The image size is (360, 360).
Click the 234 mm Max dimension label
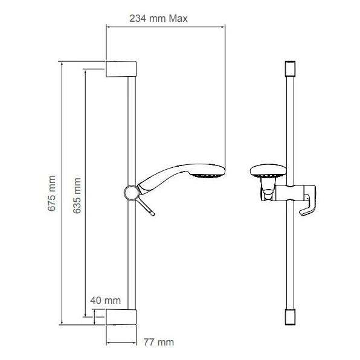159,18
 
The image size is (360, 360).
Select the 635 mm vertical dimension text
76,193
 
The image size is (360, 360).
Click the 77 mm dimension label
155,342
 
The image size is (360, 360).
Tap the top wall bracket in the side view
122,68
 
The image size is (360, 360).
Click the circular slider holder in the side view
130,193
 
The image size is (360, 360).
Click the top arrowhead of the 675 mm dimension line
61,63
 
